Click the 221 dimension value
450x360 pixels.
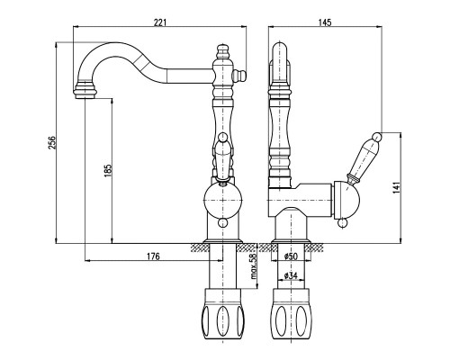click(159, 22)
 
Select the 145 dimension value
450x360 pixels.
click(325, 22)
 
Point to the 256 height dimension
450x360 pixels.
click(52, 142)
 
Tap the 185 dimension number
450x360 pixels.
click(108, 170)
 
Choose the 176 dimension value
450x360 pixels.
click(153, 256)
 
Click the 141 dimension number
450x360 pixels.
click(396, 187)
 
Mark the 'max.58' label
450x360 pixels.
click(254, 266)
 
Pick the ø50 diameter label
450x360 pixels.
click(291, 256)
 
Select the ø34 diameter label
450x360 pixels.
click(291, 275)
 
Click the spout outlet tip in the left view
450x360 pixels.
click(85, 95)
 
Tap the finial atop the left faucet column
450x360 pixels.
click(222, 52)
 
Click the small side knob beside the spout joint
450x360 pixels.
click(239, 75)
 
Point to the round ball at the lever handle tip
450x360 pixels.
click(377, 137)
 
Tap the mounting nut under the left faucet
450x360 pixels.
click(222, 314)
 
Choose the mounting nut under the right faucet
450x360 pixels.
click(291, 314)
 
